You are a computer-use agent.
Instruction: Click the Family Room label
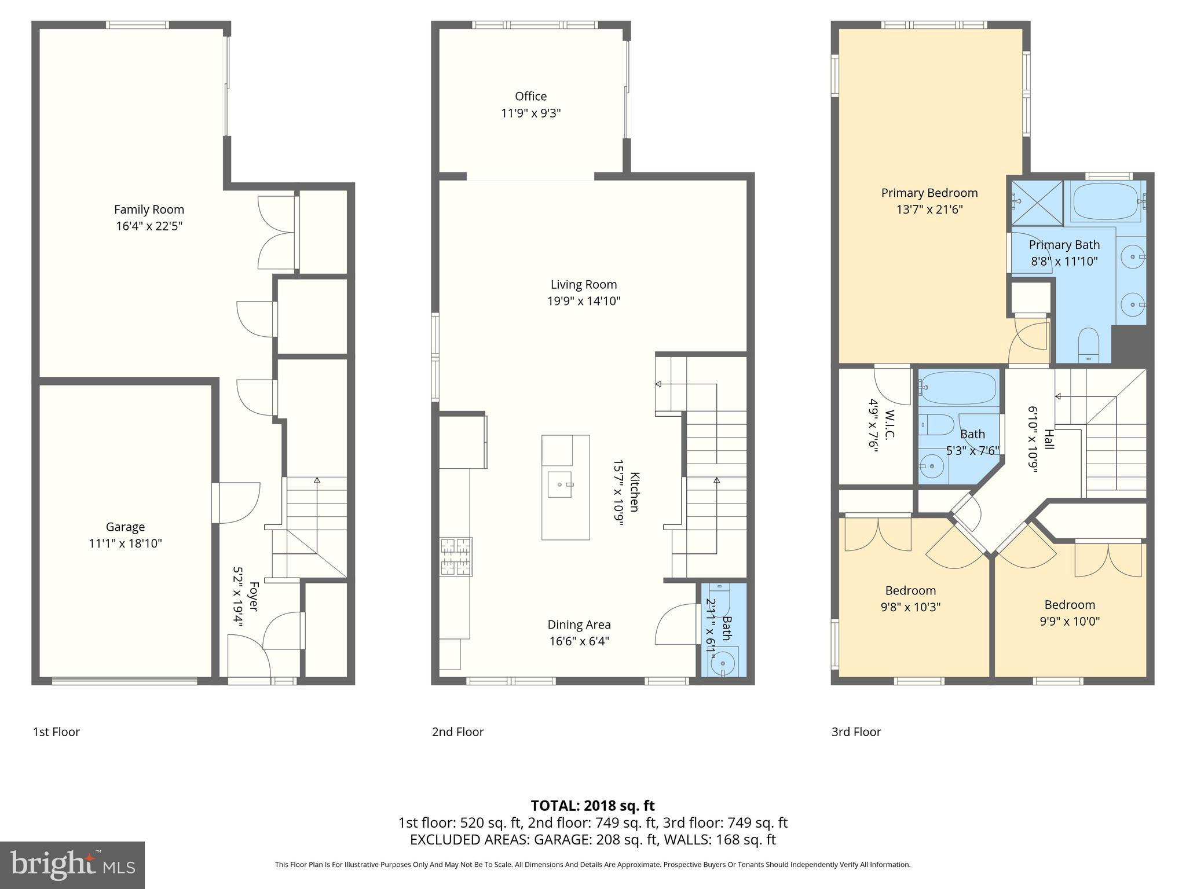click(149, 210)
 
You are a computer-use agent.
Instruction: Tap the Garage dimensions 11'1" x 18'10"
click(125, 543)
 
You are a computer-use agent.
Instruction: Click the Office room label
click(530, 96)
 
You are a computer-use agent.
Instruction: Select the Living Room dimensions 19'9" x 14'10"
click(584, 301)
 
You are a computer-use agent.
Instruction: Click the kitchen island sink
click(560, 484)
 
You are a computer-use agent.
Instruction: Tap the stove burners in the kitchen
click(456, 557)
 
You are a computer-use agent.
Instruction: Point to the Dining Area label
click(579, 624)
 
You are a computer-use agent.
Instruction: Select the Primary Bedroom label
click(929, 193)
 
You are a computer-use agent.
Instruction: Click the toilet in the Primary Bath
click(1089, 345)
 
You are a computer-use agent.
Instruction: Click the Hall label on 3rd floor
click(1049, 439)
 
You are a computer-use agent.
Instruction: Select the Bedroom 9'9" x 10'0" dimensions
click(1069, 621)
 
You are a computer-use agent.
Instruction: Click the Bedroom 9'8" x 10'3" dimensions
click(910, 607)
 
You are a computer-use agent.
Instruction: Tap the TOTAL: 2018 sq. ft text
click(592, 805)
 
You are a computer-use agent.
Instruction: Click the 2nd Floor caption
click(457, 732)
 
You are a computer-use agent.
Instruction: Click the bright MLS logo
click(72, 865)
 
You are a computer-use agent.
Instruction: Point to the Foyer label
click(253, 596)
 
